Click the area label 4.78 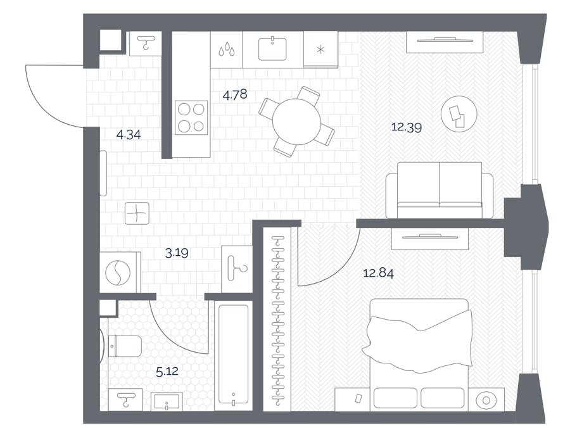235,95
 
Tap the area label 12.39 407,127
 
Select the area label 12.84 379,273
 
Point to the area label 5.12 167,371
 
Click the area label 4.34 129,135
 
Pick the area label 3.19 177,253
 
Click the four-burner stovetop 191,117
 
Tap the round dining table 296,122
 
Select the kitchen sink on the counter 272,49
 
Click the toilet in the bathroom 126,346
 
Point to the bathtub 233,355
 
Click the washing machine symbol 118,272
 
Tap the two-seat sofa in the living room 439,190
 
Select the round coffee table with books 459,114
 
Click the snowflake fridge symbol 320,50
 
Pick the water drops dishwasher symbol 227,49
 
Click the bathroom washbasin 167,402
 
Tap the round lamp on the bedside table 486,400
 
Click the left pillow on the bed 395,398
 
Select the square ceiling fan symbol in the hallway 137,213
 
